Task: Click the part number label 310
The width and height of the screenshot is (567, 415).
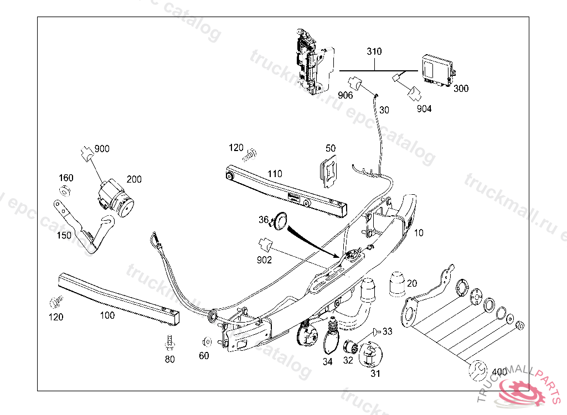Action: pos(374,51)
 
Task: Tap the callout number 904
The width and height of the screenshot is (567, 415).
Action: pos(424,108)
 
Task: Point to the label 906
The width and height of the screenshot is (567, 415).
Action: pos(346,95)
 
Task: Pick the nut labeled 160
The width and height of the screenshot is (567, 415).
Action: pos(64,191)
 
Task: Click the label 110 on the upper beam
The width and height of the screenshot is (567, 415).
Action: pos(275,174)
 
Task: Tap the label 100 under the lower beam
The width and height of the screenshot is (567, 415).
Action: pos(107,315)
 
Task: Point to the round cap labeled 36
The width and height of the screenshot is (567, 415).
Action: pos(281,221)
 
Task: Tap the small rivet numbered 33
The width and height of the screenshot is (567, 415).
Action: pos(377,331)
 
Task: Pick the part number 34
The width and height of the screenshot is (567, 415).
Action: pos(328,362)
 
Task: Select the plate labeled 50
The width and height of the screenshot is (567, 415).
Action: pos(330,169)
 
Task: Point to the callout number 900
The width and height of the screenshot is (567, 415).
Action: pos(102,148)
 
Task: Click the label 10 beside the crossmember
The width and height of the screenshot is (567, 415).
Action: pos(419,233)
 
